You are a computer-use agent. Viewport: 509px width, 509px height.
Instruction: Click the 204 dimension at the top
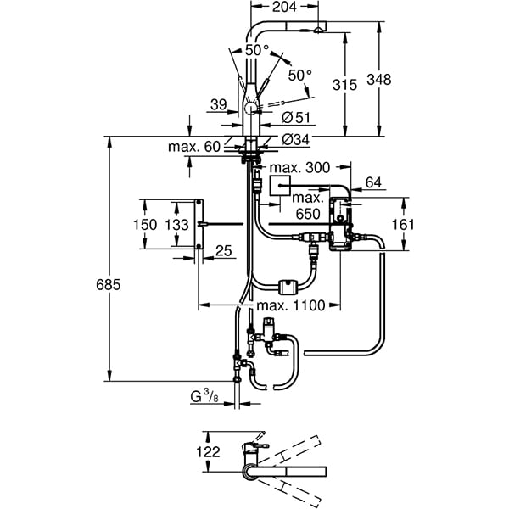pyautogui.click(x=284, y=7)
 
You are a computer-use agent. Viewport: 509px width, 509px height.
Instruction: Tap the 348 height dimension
pyautogui.click(x=379, y=80)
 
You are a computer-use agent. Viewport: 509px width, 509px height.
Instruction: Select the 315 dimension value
pyautogui.click(x=344, y=85)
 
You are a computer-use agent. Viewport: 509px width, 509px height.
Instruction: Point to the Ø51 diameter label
pyautogui.click(x=296, y=117)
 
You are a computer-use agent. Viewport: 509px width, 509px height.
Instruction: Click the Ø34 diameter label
pyautogui.click(x=296, y=140)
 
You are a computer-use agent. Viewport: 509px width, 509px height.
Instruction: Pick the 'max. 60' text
pyautogui.click(x=194, y=147)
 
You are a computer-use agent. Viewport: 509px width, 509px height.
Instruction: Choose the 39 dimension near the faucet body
pyautogui.click(x=219, y=104)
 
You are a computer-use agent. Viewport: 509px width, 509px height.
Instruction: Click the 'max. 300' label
pyautogui.click(x=299, y=167)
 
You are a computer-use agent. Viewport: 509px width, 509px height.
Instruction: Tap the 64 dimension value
pyautogui.click(x=373, y=182)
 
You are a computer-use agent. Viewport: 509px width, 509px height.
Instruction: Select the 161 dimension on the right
pyautogui.click(x=403, y=224)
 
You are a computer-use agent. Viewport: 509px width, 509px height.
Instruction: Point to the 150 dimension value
pyautogui.click(x=145, y=224)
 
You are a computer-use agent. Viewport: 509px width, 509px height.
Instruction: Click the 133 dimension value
pyautogui.click(x=177, y=224)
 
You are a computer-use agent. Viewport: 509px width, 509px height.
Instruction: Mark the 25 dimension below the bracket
pyautogui.click(x=224, y=250)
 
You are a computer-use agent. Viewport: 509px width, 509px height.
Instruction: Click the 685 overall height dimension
pyautogui.click(x=109, y=285)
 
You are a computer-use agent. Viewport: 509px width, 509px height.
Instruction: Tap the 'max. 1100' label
pyautogui.click(x=290, y=305)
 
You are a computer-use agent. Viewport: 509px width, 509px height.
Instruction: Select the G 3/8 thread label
pyautogui.click(x=204, y=397)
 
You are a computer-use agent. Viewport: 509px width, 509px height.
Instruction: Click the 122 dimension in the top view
pyautogui.click(x=208, y=451)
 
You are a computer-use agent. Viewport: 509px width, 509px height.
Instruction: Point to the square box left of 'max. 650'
pyautogui.click(x=280, y=185)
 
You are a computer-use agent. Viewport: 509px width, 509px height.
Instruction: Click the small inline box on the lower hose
pyautogui.click(x=287, y=287)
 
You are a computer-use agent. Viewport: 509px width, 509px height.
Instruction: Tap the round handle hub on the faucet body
pyautogui.click(x=251, y=108)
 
